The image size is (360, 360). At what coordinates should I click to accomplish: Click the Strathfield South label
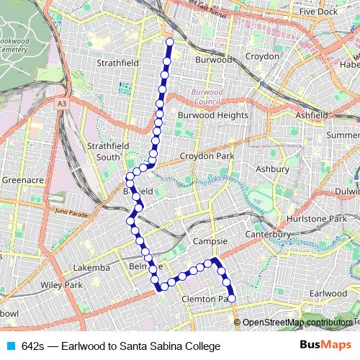[x=107, y=151]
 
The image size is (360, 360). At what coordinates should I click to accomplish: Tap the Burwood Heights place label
[x=212, y=115]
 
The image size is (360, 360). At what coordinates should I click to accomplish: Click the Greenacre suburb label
[x=23, y=180]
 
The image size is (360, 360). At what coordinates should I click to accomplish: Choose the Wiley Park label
[x=62, y=285]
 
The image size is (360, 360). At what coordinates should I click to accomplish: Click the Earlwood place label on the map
[x=328, y=294]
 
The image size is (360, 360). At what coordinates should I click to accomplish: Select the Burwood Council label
[x=208, y=96]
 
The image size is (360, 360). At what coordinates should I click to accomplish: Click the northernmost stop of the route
[x=169, y=42]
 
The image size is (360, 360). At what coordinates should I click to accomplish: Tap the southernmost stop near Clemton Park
[x=231, y=298]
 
